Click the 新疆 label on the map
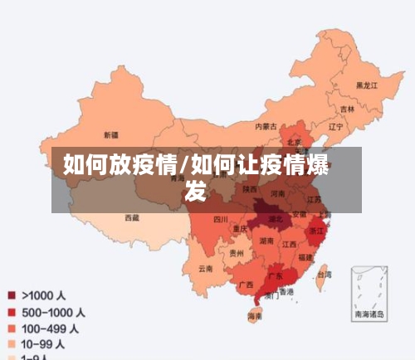point(110,134)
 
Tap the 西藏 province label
point(132,217)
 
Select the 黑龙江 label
point(366,85)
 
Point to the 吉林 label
point(347,109)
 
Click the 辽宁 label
point(335,127)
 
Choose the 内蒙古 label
point(266,127)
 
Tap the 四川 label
point(220,219)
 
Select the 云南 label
point(205,268)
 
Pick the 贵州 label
point(237,253)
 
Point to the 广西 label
point(246,285)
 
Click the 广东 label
point(275,275)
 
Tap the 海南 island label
point(255,316)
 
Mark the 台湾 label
point(325,274)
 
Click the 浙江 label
point(316,231)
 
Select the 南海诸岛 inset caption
point(369,314)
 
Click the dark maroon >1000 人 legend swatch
point(12,294)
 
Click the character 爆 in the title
point(320,164)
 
